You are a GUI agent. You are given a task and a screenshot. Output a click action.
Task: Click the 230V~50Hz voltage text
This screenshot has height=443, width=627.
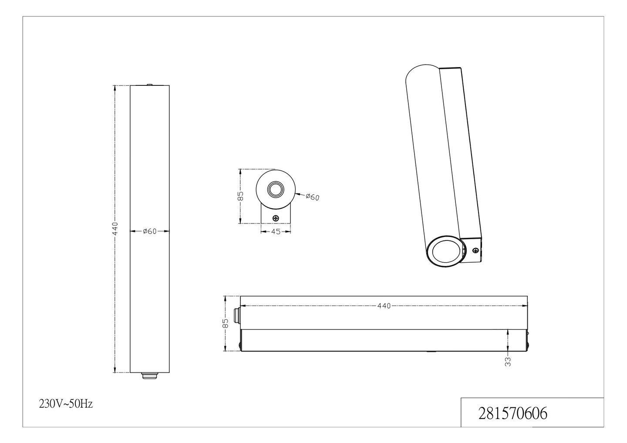66,404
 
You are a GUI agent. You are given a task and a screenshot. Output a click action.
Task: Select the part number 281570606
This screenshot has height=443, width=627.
512,413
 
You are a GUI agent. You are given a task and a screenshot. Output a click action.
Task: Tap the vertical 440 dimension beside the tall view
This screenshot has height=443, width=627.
115,229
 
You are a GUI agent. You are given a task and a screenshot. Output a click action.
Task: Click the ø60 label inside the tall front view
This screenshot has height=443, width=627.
150,231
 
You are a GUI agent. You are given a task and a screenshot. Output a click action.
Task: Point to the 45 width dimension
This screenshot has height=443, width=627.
276,231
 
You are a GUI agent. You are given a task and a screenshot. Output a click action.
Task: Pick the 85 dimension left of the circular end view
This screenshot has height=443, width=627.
240,196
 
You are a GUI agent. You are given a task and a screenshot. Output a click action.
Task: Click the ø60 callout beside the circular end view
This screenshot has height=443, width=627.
312,197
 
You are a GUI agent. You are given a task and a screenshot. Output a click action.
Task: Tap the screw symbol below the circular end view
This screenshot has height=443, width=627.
275,218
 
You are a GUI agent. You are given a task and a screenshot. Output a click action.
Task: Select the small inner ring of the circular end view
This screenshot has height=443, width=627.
275,189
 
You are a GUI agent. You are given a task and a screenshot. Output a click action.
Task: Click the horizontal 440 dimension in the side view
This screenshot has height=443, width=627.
384,306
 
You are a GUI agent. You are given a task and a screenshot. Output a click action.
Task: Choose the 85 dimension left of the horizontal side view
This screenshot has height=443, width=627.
225,323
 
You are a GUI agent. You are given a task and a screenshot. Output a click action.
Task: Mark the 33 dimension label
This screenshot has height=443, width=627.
508,361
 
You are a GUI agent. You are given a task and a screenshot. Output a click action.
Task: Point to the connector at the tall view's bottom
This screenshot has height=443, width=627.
150,376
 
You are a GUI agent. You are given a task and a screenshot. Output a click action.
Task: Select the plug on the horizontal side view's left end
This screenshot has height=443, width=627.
237,316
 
